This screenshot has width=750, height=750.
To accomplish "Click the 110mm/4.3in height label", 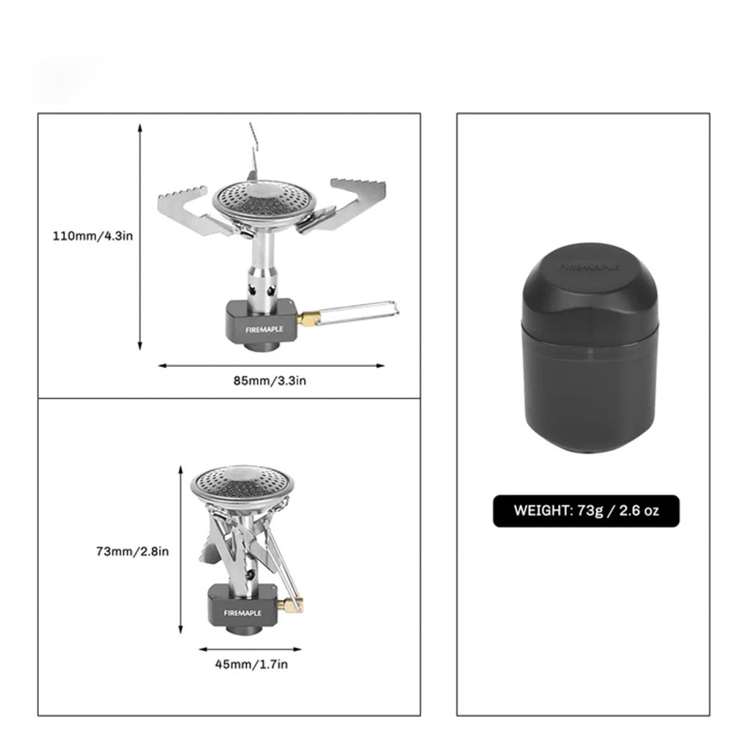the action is click(x=93, y=236).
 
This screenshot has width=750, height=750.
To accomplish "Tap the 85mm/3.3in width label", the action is click(x=270, y=381).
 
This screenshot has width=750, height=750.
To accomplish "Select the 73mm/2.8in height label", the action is click(x=133, y=552).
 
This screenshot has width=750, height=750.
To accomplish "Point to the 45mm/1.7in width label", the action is click(x=251, y=664).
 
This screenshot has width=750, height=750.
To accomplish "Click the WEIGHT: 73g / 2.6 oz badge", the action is click(x=586, y=510).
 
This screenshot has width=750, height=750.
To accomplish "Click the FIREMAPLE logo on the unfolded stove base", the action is click(x=264, y=330).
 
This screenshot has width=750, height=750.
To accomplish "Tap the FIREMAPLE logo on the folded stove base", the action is click(x=242, y=613).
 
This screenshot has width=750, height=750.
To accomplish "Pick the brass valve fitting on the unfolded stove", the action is click(x=308, y=318).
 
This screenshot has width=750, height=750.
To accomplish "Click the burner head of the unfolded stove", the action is click(x=264, y=201).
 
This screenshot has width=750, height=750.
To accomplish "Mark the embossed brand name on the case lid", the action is click(x=590, y=268).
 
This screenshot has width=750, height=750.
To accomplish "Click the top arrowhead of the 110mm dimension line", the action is click(x=140, y=127).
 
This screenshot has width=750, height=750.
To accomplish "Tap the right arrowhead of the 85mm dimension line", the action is click(x=380, y=366).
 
